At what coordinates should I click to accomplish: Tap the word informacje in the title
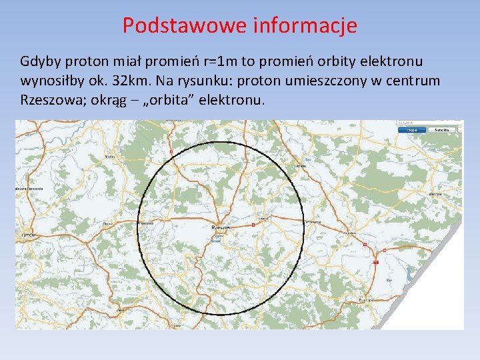tap(305, 25)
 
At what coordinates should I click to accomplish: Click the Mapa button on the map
tap(413, 129)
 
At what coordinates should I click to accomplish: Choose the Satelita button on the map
tap(441, 129)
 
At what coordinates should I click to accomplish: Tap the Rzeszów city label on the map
tap(221, 227)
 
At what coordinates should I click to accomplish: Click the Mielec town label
tap(109, 157)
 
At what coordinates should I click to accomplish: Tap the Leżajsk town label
tap(300, 165)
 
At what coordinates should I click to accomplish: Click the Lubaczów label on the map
tap(435, 193)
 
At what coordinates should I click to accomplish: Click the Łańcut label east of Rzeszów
tap(264, 217)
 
